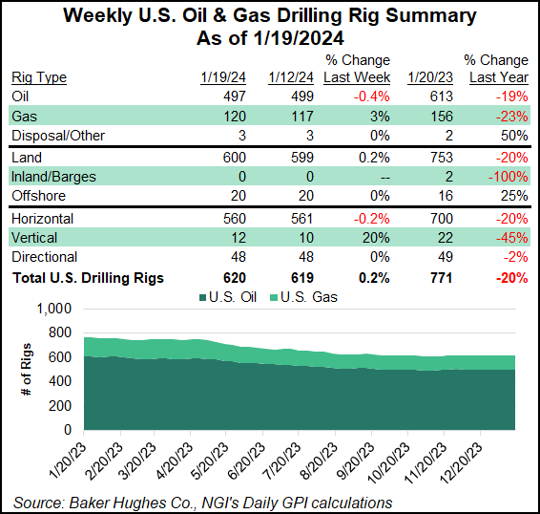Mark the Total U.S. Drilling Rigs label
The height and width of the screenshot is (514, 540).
pos(88,278)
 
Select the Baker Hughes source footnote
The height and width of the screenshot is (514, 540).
pos(201,502)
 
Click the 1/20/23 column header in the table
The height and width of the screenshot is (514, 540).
pos(426,77)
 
